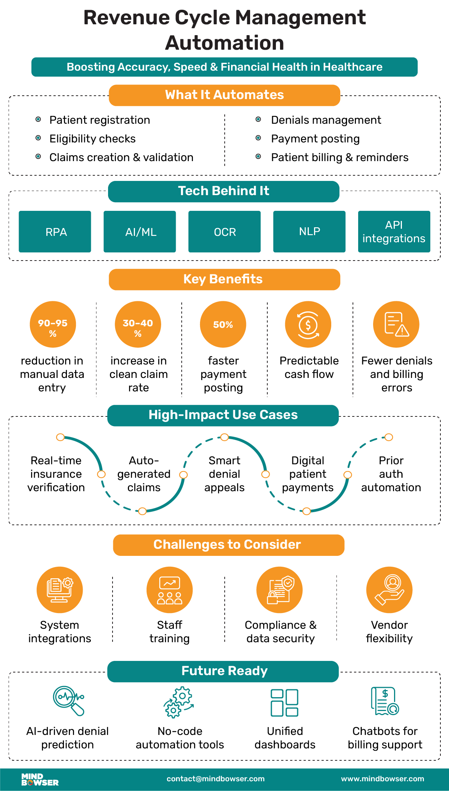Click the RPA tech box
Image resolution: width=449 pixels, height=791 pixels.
(55, 232)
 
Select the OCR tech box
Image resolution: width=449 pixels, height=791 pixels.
(224, 232)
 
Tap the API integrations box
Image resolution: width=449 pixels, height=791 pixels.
(394, 232)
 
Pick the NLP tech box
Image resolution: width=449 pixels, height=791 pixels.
(309, 232)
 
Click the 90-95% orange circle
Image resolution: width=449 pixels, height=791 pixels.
(53, 324)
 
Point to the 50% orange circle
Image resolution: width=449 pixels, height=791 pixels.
(223, 324)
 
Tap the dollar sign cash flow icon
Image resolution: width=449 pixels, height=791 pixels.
(308, 324)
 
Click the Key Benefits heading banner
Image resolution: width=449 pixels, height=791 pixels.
(224, 279)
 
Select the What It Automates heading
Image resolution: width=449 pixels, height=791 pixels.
(224, 95)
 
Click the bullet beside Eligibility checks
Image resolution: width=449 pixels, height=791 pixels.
(38, 138)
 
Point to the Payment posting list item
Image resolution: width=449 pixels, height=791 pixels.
(315, 139)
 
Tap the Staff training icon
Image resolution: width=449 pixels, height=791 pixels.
(169, 590)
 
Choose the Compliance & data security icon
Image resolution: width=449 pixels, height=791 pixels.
(280, 590)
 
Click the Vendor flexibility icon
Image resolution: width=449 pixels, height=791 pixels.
(389, 590)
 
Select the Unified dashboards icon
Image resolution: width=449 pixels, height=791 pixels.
(285, 703)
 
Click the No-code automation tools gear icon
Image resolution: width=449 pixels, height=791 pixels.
(179, 702)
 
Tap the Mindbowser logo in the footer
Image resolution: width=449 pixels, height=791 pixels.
(40, 779)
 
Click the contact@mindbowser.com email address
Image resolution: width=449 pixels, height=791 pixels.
(216, 779)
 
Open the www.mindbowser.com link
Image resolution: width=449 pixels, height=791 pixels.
(382, 779)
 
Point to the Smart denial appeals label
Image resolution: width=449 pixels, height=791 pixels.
(224, 474)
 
